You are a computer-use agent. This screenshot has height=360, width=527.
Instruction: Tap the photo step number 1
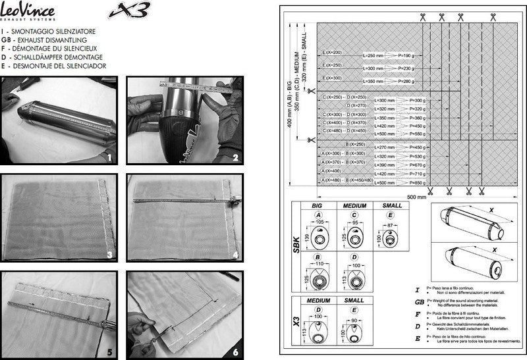point(110,158)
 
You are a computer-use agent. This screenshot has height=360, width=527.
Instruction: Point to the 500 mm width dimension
point(416,196)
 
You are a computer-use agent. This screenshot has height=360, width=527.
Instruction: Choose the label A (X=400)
point(333,170)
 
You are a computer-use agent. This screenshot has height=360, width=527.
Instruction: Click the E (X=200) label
point(333,52)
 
